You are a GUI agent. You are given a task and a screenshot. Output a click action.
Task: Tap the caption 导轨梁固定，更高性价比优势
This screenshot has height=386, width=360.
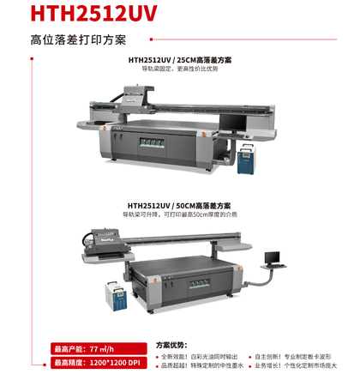point(179,69)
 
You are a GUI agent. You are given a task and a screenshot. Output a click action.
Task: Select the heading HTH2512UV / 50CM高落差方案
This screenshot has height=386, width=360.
point(179,206)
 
